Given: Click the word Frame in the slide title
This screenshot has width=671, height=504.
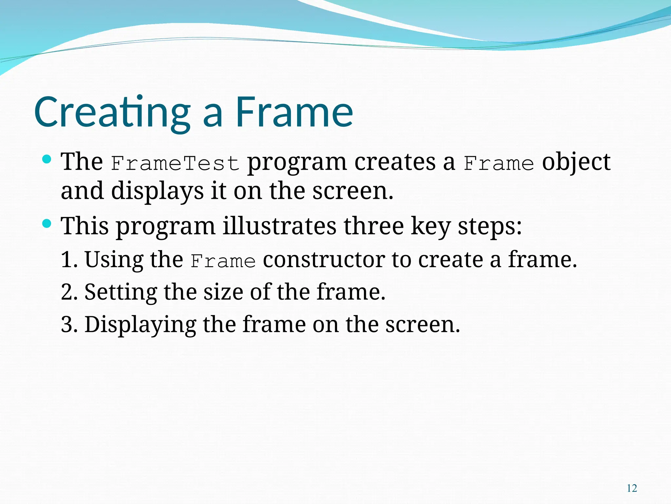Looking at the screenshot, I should pos(294,112).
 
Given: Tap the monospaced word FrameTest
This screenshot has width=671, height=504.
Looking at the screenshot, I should pos(175,163).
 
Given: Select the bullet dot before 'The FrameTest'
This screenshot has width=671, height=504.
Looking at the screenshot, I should pos(47,160).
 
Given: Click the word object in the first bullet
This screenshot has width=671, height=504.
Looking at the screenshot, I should pos(576,162).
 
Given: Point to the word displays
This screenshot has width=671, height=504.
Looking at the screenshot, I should pos(157,191).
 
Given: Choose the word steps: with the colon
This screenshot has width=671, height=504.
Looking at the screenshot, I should pos(489,226).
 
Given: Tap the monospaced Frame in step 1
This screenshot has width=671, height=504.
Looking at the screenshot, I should pos(223,262).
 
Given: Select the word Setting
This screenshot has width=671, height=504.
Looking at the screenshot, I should pos(121,292).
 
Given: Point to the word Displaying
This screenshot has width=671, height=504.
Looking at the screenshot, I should pos(140,324).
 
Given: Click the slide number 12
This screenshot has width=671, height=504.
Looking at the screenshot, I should pos(632,488).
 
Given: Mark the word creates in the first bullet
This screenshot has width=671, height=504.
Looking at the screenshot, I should pos(394,162).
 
